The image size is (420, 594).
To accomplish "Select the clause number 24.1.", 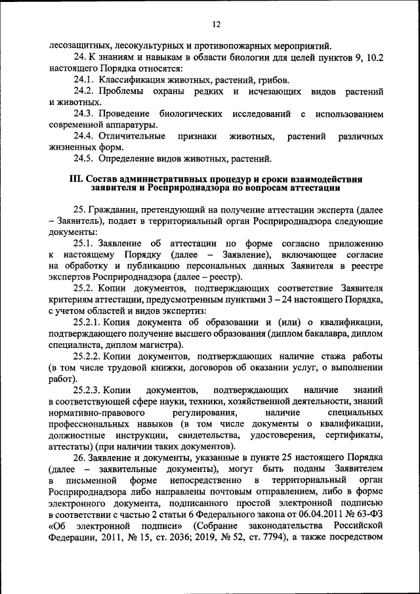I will coord(85,79).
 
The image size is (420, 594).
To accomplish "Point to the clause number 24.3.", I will coord(85,114).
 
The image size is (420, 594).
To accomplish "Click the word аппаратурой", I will coord(128,125).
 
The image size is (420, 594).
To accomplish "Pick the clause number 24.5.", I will coord(85,158).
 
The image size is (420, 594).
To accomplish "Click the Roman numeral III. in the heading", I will coord(77,179).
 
